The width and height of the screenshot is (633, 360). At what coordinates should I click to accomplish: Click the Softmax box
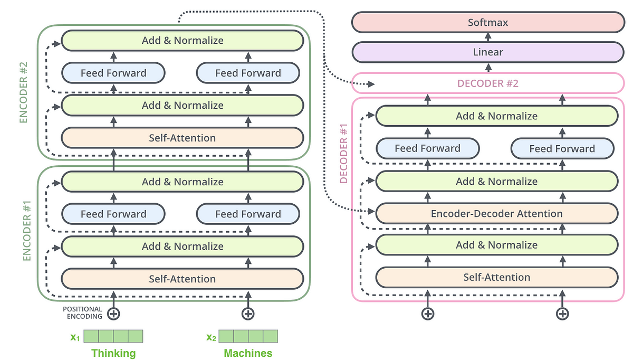[x=487, y=23]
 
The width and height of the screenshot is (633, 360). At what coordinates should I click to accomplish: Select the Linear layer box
[x=487, y=52]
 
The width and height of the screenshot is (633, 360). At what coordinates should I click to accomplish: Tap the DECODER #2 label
[x=487, y=83]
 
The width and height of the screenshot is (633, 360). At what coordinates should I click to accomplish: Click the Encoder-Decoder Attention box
[x=496, y=214]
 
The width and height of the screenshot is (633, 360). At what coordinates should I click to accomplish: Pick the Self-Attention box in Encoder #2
[x=182, y=138]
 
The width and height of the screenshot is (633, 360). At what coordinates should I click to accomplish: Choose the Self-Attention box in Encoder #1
[x=182, y=279]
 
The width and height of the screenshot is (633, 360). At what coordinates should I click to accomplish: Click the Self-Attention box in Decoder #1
[x=496, y=277]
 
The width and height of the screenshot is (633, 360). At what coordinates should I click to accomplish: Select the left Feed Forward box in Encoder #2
[x=113, y=73]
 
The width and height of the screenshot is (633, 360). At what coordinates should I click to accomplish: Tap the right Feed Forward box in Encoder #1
[x=248, y=214]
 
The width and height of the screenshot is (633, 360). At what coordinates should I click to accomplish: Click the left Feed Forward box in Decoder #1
[x=427, y=149]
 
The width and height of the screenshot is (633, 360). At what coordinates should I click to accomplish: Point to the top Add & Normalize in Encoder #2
[x=182, y=41]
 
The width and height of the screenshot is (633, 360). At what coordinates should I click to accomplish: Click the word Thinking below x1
[x=113, y=353]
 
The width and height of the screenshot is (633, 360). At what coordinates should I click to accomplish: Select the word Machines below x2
[x=248, y=353]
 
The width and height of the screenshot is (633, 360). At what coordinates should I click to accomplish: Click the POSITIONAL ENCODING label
[x=82, y=313]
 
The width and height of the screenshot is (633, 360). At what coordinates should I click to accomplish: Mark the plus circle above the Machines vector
[x=248, y=314]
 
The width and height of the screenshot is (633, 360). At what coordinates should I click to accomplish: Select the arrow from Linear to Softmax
[x=487, y=37]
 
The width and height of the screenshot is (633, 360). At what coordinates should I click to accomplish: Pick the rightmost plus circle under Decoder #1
[x=563, y=314]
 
